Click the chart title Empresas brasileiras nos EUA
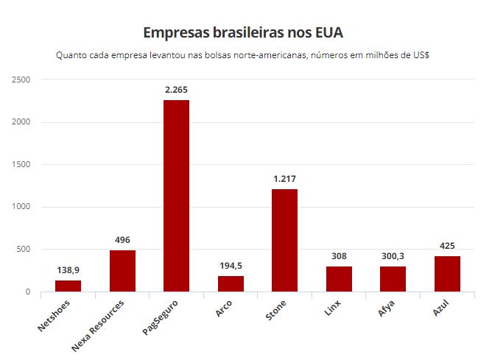pos(243,33)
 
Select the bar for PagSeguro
pos(177,196)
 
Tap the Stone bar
pos(284,240)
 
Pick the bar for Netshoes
pos(68,286)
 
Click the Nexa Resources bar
pos(122,271)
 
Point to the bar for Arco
pos(231,283)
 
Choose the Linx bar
pos(339,279)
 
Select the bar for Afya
pos(393,279)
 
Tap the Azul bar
pos(447,274)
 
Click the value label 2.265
pos(177,90)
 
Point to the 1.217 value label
pos(284,179)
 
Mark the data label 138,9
pos(68,270)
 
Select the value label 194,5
pos(231,266)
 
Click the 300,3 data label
pos(393,256)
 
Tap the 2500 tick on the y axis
pos(21,80)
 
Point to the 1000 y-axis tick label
pos(21,207)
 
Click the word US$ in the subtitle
pos(421,56)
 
